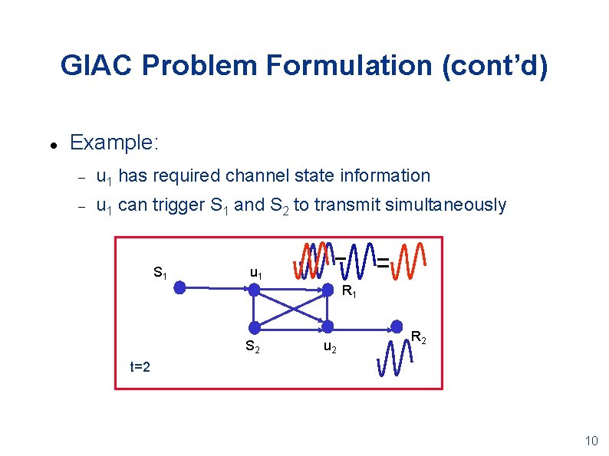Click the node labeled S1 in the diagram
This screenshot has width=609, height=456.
(179, 288)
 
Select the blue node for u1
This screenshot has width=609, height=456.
(255, 290)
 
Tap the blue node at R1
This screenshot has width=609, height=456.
(328, 290)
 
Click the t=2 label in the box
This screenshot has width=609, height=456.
(139, 366)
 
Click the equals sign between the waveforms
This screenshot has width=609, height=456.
(382, 261)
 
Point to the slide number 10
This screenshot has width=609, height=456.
(591, 441)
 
